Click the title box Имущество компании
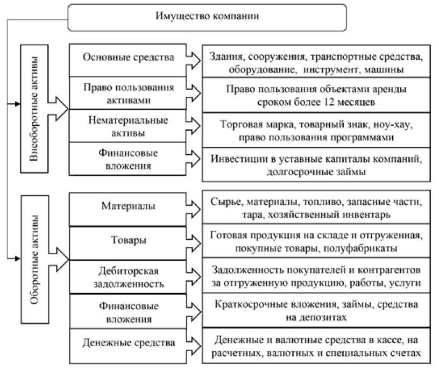click(207, 17)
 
